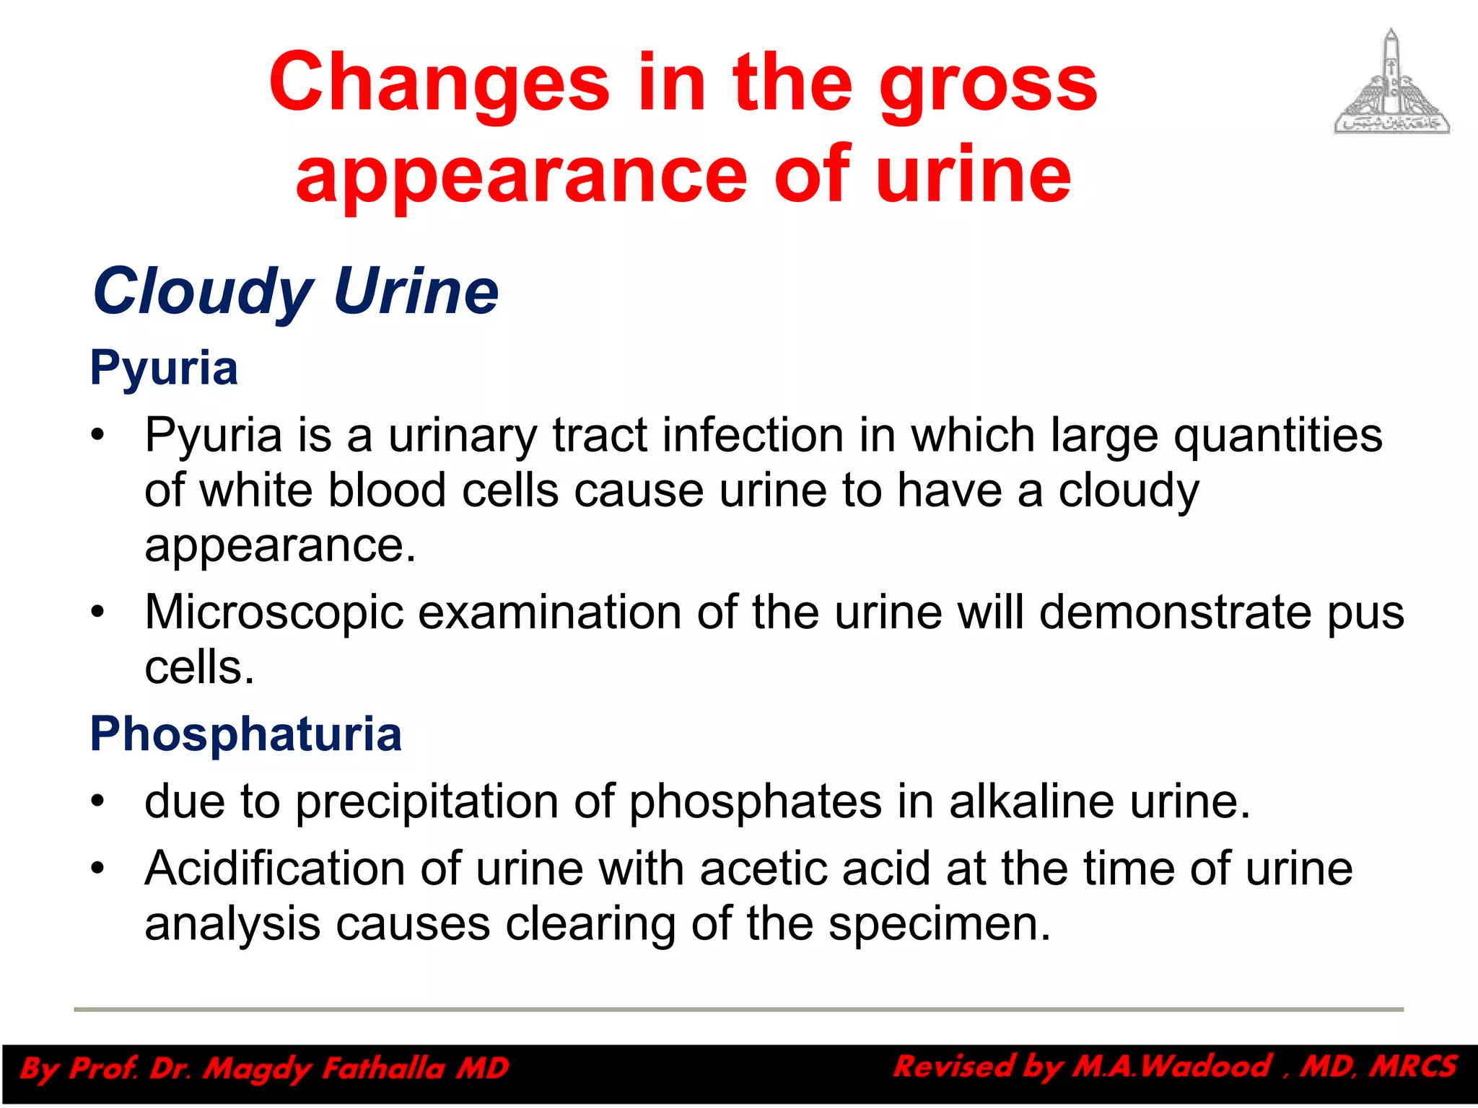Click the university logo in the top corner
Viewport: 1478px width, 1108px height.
tap(1391, 82)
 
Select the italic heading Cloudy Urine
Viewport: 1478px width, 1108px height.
tap(296, 291)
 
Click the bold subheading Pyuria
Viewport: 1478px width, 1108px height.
tap(164, 368)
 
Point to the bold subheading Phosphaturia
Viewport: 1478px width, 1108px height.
tap(245, 734)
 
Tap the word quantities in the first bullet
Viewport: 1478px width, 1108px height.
tap(1277, 437)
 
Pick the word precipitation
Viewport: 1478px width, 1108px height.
tap(455, 803)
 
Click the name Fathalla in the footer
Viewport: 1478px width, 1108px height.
tap(383, 1068)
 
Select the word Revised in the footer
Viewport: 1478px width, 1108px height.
tap(952, 1066)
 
